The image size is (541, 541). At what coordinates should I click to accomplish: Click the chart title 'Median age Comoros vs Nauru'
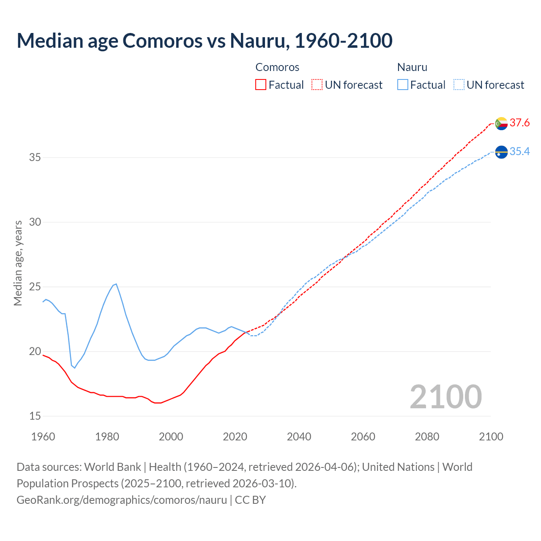[205, 41]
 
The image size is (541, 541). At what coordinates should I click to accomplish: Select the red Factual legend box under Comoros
[261, 85]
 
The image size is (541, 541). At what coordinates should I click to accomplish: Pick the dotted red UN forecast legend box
[317, 85]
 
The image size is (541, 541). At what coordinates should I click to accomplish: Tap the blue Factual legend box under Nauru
[402, 85]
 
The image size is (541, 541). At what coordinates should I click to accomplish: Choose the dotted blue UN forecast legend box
[459, 85]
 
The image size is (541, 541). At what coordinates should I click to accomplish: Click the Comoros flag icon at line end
[501, 123]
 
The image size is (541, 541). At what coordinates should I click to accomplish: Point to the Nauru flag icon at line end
[501, 152]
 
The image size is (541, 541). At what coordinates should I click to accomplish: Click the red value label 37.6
[519, 123]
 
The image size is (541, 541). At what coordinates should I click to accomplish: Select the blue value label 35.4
[519, 152]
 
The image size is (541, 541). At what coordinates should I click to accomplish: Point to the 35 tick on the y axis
[35, 158]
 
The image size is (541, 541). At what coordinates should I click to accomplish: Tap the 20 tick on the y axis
[35, 352]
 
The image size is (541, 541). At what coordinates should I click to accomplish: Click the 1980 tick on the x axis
[107, 437]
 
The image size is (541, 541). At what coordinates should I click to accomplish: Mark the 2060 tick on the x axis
[363, 437]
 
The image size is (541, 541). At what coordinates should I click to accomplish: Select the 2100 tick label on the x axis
[491, 437]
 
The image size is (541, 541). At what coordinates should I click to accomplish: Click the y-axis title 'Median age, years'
[18, 263]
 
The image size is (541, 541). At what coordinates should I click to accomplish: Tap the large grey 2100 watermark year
[445, 396]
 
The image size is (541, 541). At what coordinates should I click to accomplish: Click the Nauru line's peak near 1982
[116, 284]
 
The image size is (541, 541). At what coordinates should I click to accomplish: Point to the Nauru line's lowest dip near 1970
[75, 368]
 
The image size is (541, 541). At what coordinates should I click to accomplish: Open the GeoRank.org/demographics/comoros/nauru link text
[122, 500]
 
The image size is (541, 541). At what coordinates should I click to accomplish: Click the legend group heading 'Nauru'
[412, 67]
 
